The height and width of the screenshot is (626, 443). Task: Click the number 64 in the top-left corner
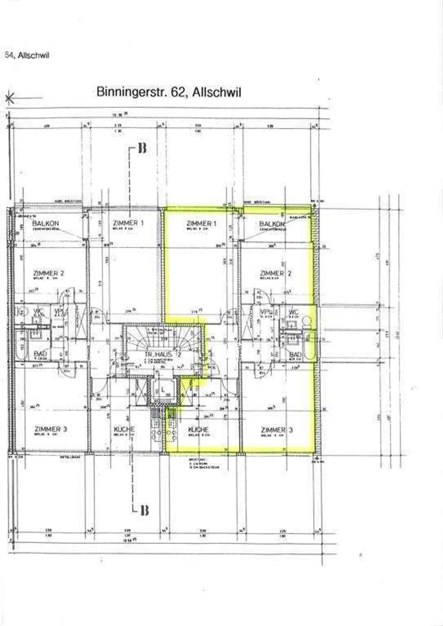[8, 55]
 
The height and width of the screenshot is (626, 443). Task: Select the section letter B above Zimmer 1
[142, 148]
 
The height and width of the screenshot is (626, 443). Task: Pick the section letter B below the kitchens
[144, 510]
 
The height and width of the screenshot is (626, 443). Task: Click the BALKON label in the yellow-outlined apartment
[272, 224]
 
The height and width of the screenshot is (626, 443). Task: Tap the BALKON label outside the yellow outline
[46, 223]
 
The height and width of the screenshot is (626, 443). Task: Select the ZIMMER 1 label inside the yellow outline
[202, 223]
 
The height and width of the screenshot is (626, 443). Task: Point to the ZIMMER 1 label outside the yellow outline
[128, 223]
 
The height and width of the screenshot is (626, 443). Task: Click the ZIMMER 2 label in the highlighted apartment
[276, 273]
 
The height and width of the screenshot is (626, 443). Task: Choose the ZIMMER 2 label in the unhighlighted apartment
[49, 273]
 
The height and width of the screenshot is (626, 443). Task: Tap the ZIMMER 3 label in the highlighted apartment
[277, 430]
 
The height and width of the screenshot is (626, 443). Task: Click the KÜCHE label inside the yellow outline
[198, 430]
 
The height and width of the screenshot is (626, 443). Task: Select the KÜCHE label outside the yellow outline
[124, 429]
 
